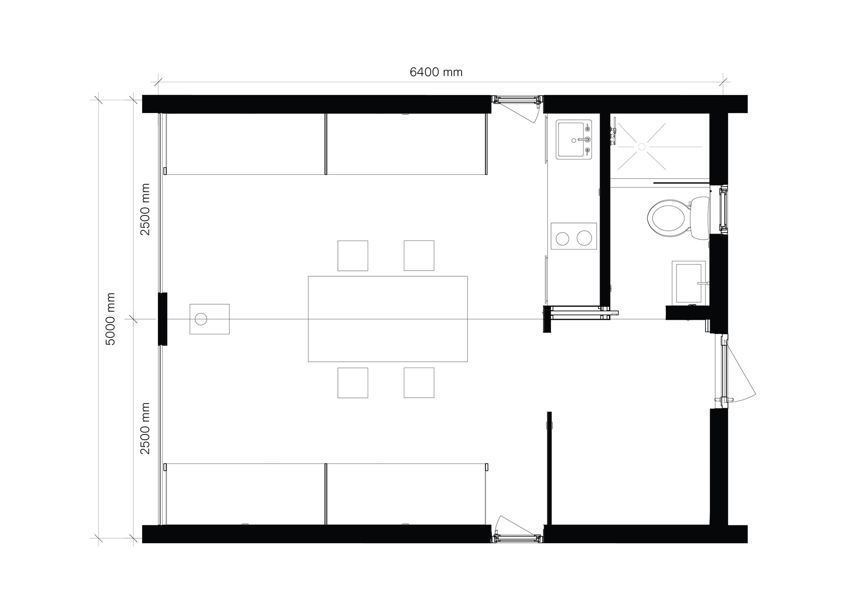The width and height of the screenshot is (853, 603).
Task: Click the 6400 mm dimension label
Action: click(436, 72)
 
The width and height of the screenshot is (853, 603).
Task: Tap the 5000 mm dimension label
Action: click(110, 319)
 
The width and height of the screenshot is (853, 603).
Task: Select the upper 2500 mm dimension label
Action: click(145, 209)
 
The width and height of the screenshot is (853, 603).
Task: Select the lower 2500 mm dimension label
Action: click(145, 428)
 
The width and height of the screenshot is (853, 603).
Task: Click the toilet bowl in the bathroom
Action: click(668, 219)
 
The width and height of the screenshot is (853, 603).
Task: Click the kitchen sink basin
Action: click(574, 139)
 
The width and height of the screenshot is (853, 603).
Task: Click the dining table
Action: click(388, 319)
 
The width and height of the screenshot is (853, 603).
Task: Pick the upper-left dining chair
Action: click(353, 255)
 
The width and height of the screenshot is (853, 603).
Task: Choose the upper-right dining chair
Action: click(419, 255)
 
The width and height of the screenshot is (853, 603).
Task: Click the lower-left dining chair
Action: click(353, 383)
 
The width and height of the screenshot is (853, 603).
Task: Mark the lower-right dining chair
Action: click(419, 383)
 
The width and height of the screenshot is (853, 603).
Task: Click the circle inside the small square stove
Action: click(201, 319)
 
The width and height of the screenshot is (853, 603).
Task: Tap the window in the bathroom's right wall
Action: click(723, 210)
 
